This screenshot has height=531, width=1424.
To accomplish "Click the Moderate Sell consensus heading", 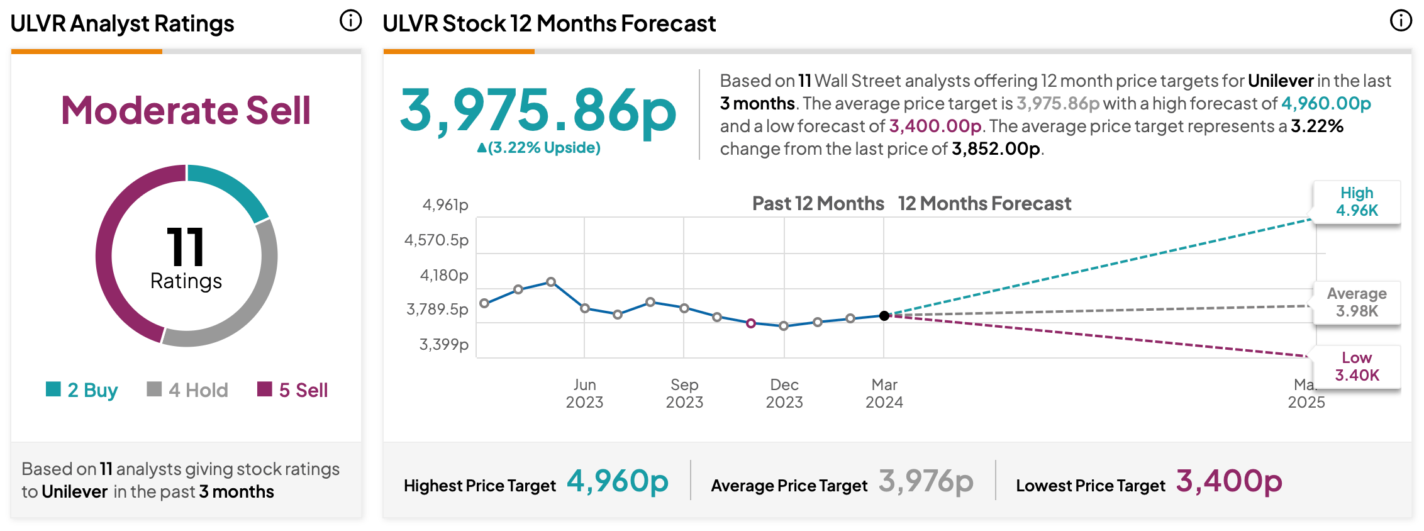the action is [x=186, y=111].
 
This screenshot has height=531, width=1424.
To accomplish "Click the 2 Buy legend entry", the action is [x=82, y=390].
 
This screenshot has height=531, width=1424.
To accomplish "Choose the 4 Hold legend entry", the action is [x=187, y=390].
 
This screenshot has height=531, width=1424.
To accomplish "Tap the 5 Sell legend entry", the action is [x=292, y=390].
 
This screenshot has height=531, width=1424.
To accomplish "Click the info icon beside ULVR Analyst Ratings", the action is [x=350, y=21].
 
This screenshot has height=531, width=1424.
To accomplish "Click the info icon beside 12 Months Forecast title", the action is [x=1401, y=21].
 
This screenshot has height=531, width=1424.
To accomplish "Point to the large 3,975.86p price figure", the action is [x=538, y=111].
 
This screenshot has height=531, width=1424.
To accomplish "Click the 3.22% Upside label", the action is [x=539, y=148].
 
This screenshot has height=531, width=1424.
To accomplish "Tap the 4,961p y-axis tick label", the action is [x=445, y=204].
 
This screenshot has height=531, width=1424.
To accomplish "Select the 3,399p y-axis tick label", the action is [x=444, y=344].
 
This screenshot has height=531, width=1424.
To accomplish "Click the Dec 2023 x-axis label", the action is [x=784, y=393].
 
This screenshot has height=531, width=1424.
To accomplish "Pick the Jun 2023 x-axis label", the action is [x=584, y=393].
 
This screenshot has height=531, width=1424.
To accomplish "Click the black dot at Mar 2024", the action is [x=884, y=316].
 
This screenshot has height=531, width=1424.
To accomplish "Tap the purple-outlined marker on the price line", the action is [x=751, y=323].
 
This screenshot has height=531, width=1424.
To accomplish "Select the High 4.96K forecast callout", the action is [x=1357, y=202].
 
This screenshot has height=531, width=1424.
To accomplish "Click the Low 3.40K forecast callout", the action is [x=1357, y=367].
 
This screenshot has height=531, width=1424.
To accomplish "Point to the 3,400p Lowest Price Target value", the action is [x=1229, y=481].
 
